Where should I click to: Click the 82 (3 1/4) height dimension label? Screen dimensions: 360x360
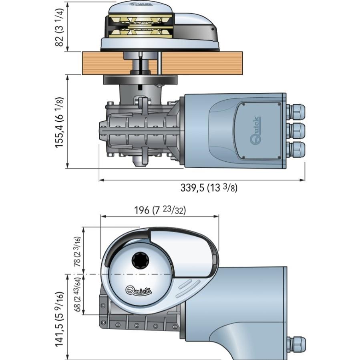(59, 26)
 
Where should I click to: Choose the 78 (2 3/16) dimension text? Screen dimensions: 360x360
(76, 251)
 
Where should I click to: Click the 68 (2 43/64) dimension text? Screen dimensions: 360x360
(76, 295)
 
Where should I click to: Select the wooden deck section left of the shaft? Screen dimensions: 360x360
(102, 63)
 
